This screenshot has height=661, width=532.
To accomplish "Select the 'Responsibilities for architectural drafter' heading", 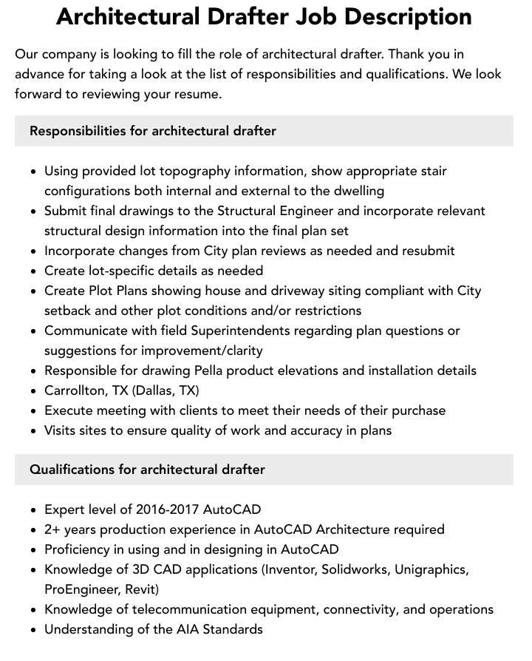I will pos(153,131).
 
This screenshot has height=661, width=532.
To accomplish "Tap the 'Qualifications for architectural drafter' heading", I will pos(147,470).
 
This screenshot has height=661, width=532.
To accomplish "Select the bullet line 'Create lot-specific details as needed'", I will pos(154,271).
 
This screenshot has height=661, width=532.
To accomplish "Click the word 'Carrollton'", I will pos(74,390).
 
